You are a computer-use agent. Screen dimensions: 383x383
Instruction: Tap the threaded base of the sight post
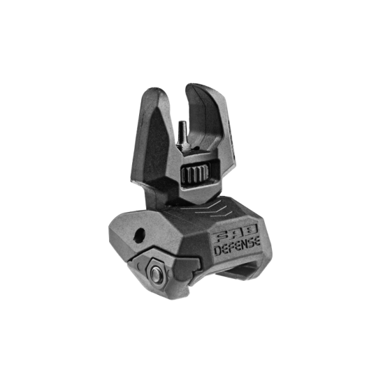tap(185, 146)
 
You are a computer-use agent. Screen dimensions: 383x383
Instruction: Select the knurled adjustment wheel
tap(196, 174)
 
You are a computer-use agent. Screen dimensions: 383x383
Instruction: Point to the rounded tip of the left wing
tap(156, 91)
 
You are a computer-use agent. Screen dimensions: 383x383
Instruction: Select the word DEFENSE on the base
tap(237, 248)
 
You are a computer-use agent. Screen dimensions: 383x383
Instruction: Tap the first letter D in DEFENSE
tap(218, 251)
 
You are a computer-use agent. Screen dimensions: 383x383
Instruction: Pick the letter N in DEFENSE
tap(243, 246)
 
